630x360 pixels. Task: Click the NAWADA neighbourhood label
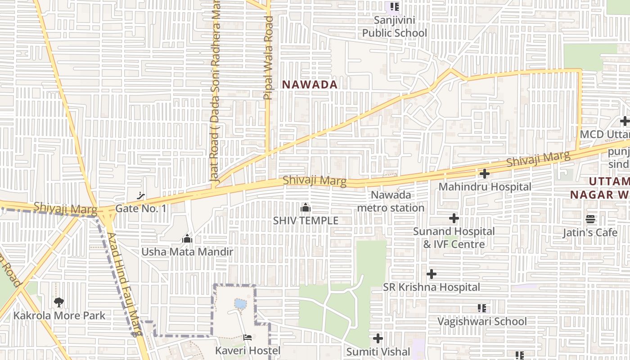point(310,84)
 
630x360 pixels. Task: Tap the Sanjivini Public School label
point(395,27)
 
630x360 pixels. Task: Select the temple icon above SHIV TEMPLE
point(306,208)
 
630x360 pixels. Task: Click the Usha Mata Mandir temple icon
point(187,238)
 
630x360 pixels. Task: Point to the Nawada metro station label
point(391,201)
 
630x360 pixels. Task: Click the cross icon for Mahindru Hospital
point(485,174)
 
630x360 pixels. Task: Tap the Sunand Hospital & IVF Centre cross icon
point(454,219)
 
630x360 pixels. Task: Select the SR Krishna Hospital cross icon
point(432,274)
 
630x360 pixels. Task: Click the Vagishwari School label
point(482,321)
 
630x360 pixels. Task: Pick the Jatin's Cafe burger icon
point(590,220)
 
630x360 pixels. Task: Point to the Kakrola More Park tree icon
point(58,302)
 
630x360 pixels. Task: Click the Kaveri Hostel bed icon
point(247,337)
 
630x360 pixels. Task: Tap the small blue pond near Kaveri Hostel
point(240,304)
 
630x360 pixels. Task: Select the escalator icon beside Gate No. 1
point(141,196)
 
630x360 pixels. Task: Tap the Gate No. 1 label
point(141,208)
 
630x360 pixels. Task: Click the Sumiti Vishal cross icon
point(378,338)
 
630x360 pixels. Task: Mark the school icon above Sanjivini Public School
point(395,7)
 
